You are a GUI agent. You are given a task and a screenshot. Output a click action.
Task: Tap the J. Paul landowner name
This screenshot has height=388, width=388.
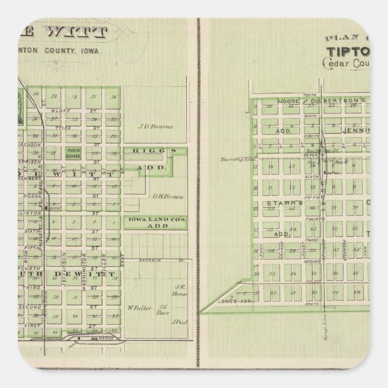point(178,322)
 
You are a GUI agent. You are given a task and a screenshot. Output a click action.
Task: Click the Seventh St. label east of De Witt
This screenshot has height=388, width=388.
point(149,260)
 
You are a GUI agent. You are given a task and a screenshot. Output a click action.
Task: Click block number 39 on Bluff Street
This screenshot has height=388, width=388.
point(54,96)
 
